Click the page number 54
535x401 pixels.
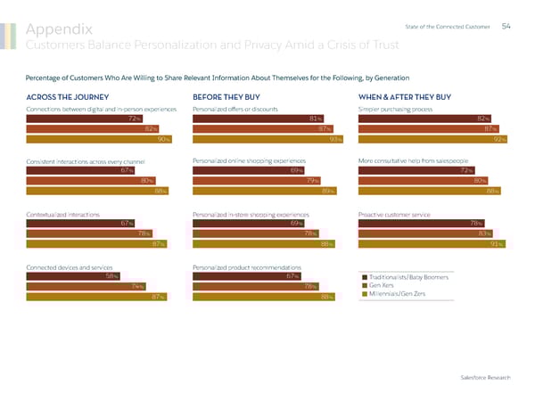[506, 25]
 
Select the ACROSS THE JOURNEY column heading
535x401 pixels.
[68, 96]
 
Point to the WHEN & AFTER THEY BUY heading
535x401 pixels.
[404, 96]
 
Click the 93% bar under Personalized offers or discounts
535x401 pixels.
[268, 139]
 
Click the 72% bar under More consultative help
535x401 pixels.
[415, 169]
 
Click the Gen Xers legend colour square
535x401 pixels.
[366, 285]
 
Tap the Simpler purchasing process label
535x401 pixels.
[395, 109]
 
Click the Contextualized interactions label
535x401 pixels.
[63, 214]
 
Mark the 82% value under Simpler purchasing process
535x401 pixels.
[483, 118]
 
